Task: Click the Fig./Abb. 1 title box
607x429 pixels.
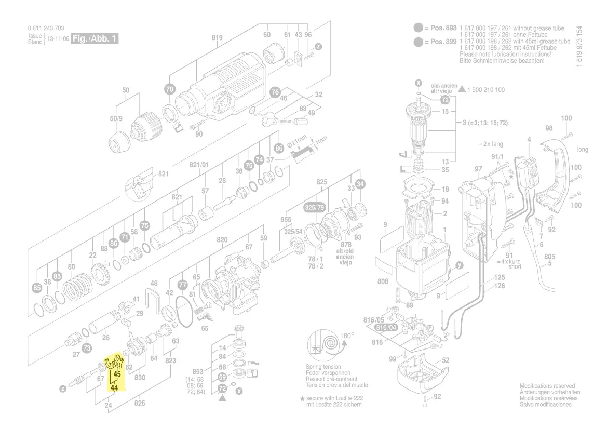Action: tap(95, 39)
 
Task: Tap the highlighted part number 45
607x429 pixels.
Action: tap(117, 374)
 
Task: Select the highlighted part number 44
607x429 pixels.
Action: tap(114, 387)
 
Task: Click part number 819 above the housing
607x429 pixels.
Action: tap(217, 37)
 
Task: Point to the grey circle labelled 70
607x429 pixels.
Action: tap(170, 89)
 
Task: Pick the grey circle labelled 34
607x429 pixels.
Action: tap(360, 184)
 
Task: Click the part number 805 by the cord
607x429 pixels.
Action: tap(549, 257)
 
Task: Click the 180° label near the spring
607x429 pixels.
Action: tap(347, 336)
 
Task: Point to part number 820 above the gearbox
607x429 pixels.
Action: tap(222, 239)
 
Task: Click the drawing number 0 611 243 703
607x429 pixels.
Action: tap(46, 29)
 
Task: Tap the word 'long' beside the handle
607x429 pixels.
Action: tap(583, 150)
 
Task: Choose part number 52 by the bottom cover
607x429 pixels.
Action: tap(446, 359)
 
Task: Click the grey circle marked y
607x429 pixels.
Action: tap(459, 265)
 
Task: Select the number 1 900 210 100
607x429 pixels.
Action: tap(486, 90)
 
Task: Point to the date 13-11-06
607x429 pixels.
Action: tap(58, 39)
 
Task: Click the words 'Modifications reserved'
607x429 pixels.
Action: tap(547, 386)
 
